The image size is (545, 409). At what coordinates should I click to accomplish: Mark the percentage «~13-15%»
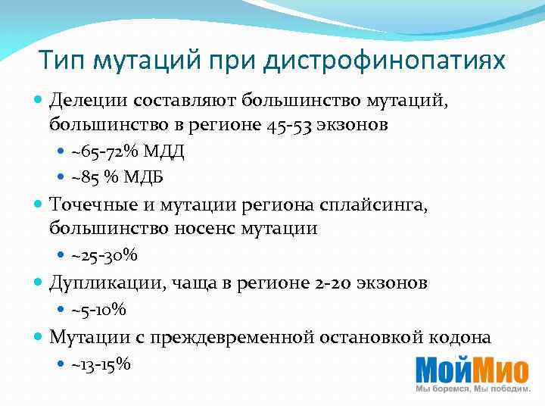coord(101,364)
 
